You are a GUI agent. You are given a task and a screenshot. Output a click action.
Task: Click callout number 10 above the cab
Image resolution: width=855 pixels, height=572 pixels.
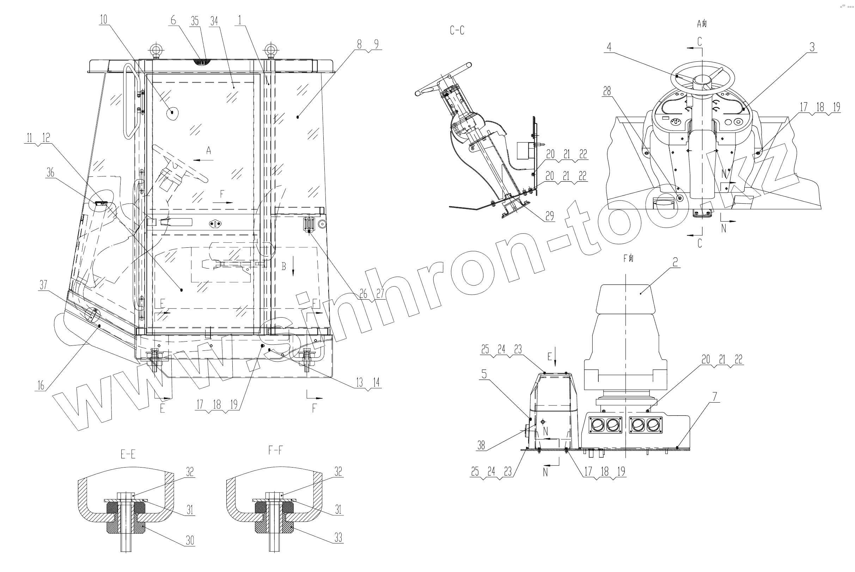coord(104,20)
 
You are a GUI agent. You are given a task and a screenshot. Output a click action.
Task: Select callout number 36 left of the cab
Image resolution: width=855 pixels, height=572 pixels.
coord(50,172)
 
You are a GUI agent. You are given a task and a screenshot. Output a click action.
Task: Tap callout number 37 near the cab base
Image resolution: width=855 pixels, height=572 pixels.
coord(43,284)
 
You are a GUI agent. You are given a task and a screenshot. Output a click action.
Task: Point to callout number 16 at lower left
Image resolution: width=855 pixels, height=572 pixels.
coord(41,385)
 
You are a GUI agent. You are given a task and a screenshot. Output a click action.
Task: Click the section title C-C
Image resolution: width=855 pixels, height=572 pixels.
coord(457,31)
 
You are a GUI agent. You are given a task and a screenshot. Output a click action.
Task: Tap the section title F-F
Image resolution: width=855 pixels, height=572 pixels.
coord(275,451)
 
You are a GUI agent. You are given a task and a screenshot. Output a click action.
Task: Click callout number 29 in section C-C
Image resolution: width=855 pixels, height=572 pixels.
coord(550,216)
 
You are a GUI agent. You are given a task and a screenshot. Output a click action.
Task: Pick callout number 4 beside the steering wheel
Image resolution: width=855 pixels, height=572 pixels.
coord(609,47)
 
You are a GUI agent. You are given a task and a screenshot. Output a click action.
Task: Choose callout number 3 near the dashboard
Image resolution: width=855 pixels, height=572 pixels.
coord(812,47)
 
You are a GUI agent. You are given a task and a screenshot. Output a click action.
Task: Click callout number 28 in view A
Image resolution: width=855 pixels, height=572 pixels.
coord(607,91)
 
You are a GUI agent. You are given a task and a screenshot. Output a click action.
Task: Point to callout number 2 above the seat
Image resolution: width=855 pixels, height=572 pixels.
coord(675,262)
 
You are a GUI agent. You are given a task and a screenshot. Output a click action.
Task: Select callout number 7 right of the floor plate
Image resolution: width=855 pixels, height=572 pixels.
coord(715,397)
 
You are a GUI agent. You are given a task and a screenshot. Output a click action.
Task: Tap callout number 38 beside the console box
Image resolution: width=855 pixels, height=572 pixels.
coord(481,445)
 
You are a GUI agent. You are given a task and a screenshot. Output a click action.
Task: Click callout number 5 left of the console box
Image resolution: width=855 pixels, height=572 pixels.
coord(484,374)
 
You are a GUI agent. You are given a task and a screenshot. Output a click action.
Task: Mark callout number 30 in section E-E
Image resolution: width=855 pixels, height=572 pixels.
coord(190,540)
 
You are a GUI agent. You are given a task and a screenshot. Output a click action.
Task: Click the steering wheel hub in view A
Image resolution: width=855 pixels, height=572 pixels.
coord(702,80)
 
